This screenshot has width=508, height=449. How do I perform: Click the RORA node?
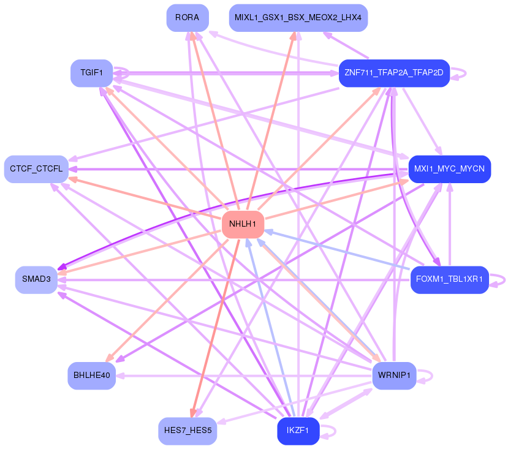(x=187, y=18)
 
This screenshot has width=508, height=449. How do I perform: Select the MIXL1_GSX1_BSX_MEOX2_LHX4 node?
(x=298, y=18)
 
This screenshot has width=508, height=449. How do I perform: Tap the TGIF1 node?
(x=91, y=73)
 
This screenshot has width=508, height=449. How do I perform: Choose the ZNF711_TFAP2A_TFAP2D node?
(x=394, y=73)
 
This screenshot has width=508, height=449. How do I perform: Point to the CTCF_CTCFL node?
(x=36, y=168)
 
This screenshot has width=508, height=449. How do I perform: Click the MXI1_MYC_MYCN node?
(x=449, y=168)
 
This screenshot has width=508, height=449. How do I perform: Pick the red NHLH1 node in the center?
(x=243, y=224)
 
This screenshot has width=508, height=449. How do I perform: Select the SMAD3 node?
(x=36, y=279)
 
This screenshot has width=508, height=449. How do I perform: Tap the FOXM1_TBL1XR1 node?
(x=449, y=279)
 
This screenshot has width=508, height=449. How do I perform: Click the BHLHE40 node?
(x=91, y=375)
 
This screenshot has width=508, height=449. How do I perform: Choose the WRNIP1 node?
(x=394, y=375)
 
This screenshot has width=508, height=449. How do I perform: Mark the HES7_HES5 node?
(x=187, y=431)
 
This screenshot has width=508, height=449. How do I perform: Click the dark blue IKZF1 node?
(x=298, y=431)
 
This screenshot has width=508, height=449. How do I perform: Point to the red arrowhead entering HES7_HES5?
(x=192, y=414)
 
